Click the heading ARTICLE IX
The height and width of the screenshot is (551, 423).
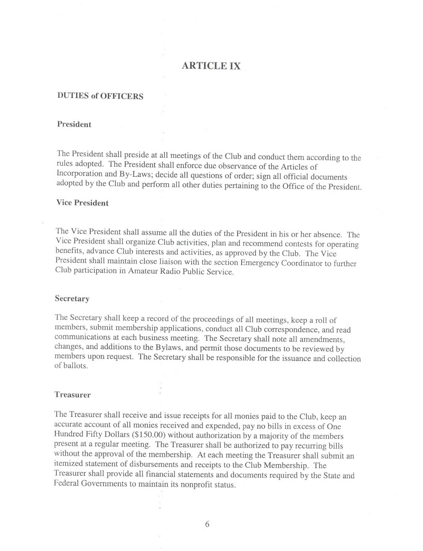tap(211, 66)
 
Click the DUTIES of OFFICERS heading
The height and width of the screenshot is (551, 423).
tap(100, 96)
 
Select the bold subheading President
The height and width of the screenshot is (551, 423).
tap(74, 124)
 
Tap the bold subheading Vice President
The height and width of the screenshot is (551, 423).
tap(82, 203)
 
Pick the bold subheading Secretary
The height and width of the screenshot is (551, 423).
tap(72, 299)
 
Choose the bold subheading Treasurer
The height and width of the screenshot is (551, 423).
tap(73, 395)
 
